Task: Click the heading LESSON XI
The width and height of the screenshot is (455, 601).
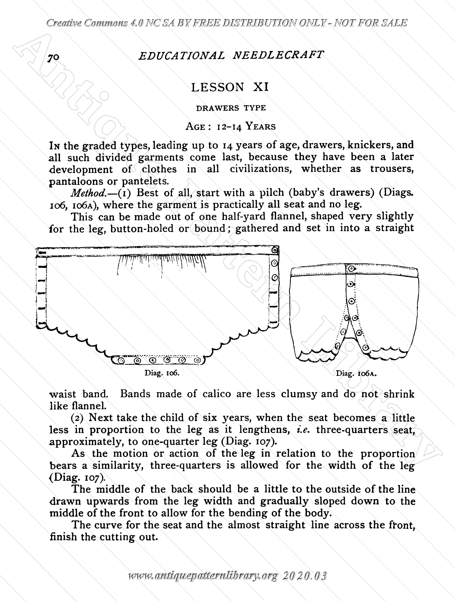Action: pyautogui.click(x=230, y=87)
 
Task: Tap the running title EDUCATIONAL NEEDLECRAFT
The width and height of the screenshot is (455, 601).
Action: pyautogui.click(x=231, y=55)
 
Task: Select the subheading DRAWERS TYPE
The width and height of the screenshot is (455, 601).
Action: pyautogui.click(x=231, y=108)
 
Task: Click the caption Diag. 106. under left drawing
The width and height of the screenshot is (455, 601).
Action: pyautogui.click(x=162, y=373)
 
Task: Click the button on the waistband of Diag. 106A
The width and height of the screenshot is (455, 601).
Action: pyautogui.click(x=351, y=269)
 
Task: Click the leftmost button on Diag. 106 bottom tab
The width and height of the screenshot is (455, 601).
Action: pyautogui.click(x=121, y=361)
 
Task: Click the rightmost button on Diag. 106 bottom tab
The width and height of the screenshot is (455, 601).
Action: pyautogui.click(x=198, y=361)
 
